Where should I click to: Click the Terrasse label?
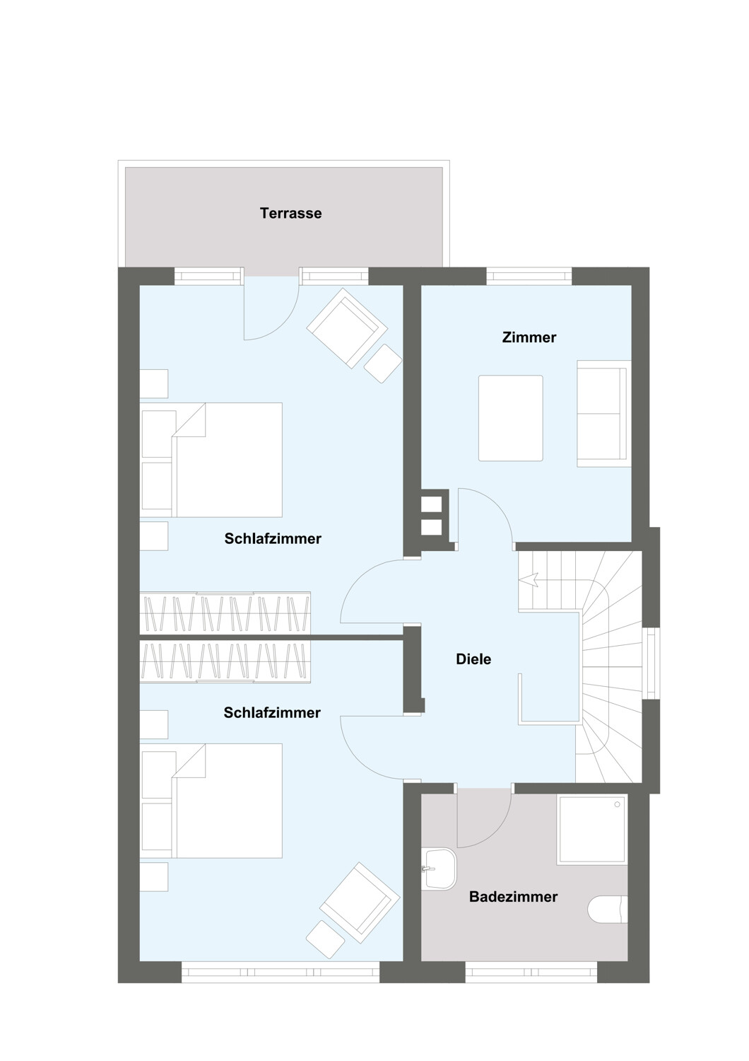point(290,213)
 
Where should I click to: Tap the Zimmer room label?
point(529,337)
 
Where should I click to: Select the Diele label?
point(473,659)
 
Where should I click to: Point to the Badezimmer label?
point(514,897)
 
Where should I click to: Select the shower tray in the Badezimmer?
point(592,829)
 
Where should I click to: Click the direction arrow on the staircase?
point(529,579)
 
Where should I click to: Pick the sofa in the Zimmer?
point(603,414)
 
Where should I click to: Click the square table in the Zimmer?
point(511,418)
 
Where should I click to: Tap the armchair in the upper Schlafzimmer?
point(347,327)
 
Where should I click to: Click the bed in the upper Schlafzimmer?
point(211,460)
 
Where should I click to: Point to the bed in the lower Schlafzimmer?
point(211,801)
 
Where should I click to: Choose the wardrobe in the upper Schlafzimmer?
point(225,613)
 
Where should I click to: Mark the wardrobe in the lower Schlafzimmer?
point(225,661)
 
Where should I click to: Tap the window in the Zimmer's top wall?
point(529,277)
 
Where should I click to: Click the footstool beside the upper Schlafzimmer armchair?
point(383,364)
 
